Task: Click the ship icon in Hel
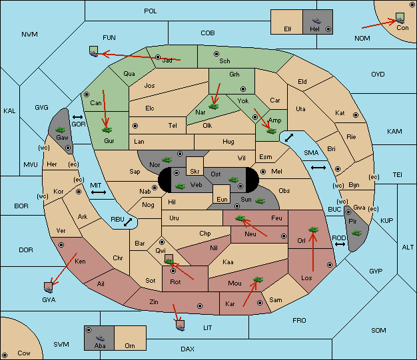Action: tap(316, 21)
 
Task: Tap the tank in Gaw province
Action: tap(61, 130)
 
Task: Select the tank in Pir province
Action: tap(356, 233)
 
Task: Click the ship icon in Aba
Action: tap(100, 338)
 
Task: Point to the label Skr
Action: tap(195, 172)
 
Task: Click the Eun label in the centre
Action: tap(222, 199)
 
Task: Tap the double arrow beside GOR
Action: tap(78, 117)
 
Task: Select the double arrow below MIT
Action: tap(99, 192)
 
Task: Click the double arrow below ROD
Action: tap(340, 244)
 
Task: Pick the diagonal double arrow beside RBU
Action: tap(128, 222)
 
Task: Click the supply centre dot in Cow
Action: tap(5, 355)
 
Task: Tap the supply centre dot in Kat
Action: tap(356, 115)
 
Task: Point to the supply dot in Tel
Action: tap(135, 125)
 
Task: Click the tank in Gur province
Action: tap(107, 130)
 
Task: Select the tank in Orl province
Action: tap(313, 230)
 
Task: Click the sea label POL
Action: tap(151, 11)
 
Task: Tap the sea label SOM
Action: tap(378, 330)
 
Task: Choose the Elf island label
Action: tap(288, 29)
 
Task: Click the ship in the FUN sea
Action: tap(94, 51)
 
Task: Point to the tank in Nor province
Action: tap(167, 160)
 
